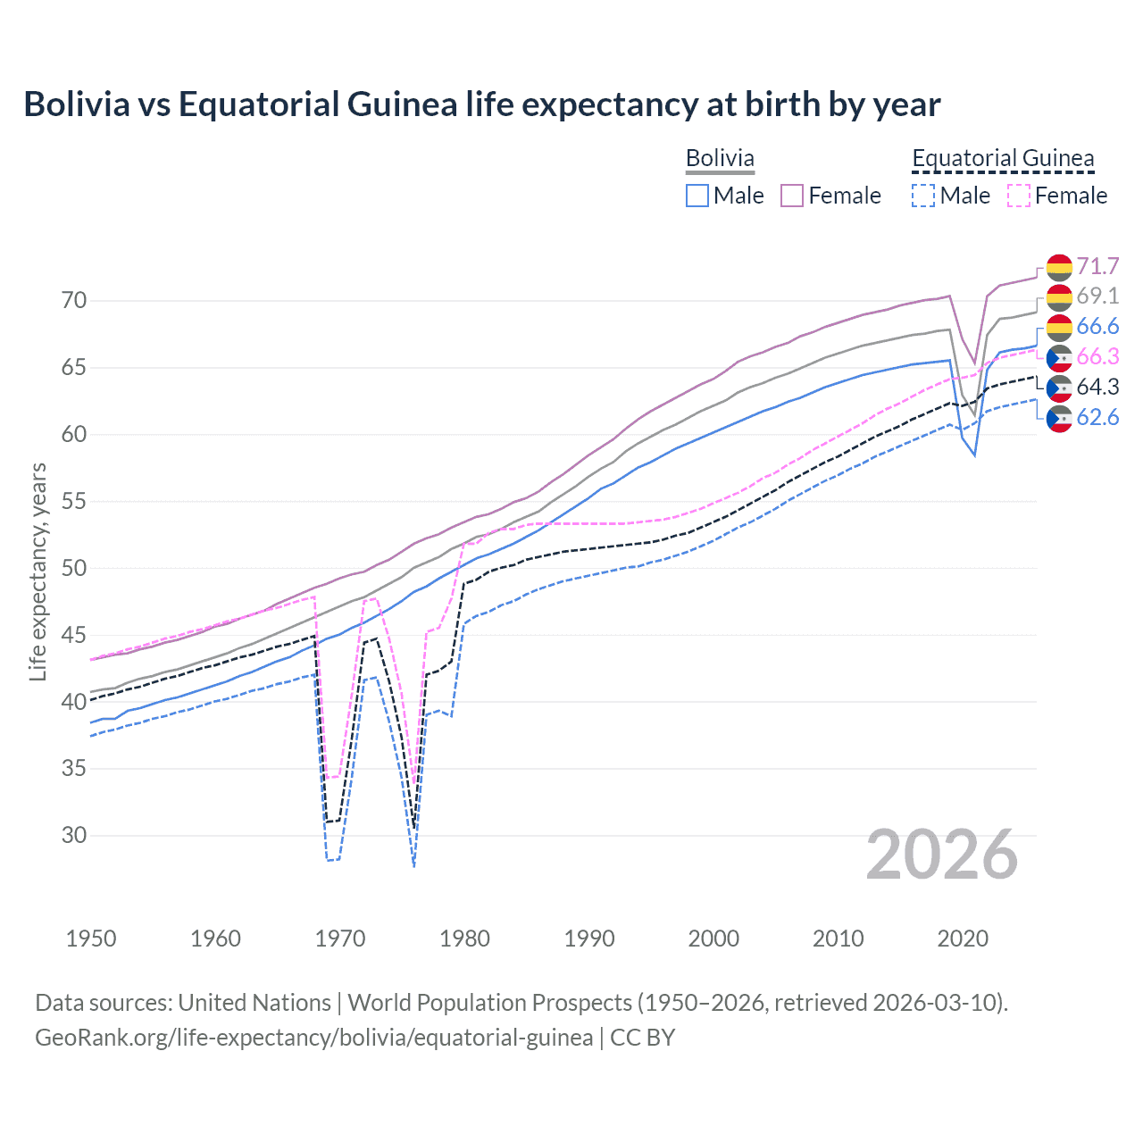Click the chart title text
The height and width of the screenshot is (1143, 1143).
point(482,104)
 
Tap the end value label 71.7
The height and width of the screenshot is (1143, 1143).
point(1097,266)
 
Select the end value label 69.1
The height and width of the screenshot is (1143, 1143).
point(1097,296)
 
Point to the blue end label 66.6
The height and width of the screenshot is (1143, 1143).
point(1097,327)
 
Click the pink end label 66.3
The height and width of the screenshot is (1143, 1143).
point(1097,357)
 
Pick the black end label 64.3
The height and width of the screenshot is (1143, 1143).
point(1097,388)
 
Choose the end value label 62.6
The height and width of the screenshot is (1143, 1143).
point(1097,418)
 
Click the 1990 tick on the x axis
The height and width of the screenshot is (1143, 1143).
point(589,939)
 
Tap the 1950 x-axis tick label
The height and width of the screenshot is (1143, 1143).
point(91,939)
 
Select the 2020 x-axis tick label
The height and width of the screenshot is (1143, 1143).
point(963,939)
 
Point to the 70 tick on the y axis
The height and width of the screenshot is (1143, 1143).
point(74,301)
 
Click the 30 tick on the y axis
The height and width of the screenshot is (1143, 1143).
point(74,836)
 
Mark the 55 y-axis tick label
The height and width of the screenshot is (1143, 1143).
point(74,502)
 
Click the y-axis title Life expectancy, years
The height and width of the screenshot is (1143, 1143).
point(38,571)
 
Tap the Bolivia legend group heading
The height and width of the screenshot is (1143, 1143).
point(720,158)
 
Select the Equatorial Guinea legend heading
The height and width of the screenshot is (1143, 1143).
point(1003,158)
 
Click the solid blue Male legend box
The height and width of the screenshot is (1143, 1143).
point(697,196)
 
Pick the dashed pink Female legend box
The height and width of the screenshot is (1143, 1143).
point(1019,196)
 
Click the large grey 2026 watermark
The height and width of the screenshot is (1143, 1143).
point(942,855)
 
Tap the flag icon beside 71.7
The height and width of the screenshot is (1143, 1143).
point(1059,267)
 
